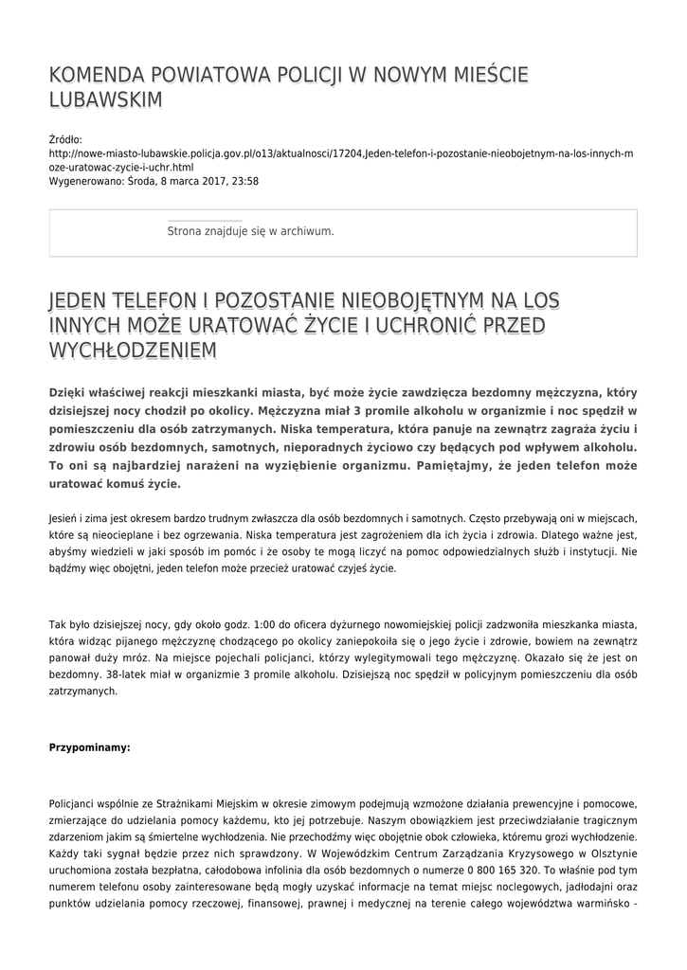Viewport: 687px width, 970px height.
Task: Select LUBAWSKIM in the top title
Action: click(x=106, y=100)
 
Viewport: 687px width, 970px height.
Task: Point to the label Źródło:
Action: click(x=65, y=139)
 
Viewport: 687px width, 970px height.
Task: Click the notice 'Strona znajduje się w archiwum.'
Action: click(x=250, y=230)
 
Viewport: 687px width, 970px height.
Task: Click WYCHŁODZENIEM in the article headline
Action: click(x=133, y=350)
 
